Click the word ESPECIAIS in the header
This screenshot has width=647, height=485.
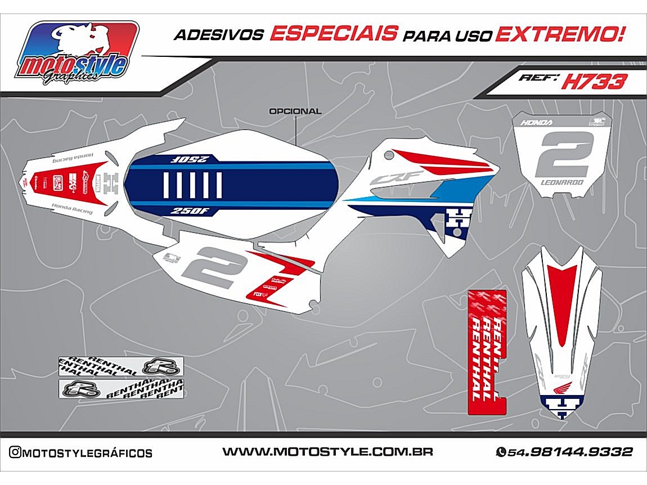coord(333,34)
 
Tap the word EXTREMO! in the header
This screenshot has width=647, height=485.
coord(560,34)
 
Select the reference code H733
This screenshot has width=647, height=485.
coord(594,82)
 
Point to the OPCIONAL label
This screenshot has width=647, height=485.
coord(295,111)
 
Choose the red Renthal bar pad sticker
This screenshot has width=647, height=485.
coord(487,352)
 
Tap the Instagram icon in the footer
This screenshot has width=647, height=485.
coord(15,452)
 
